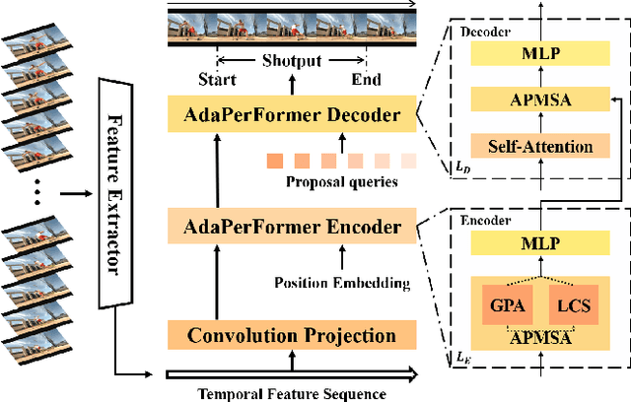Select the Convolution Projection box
(x=292, y=336)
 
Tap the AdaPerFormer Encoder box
(x=292, y=228)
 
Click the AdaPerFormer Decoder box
(x=292, y=116)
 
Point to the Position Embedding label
(x=341, y=284)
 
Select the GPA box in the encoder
(x=500, y=306)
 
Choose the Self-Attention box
(x=534, y=146)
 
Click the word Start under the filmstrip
(x=217, y=79)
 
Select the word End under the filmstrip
(x=365, y=79)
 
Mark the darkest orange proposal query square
(x=275, y=161)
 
